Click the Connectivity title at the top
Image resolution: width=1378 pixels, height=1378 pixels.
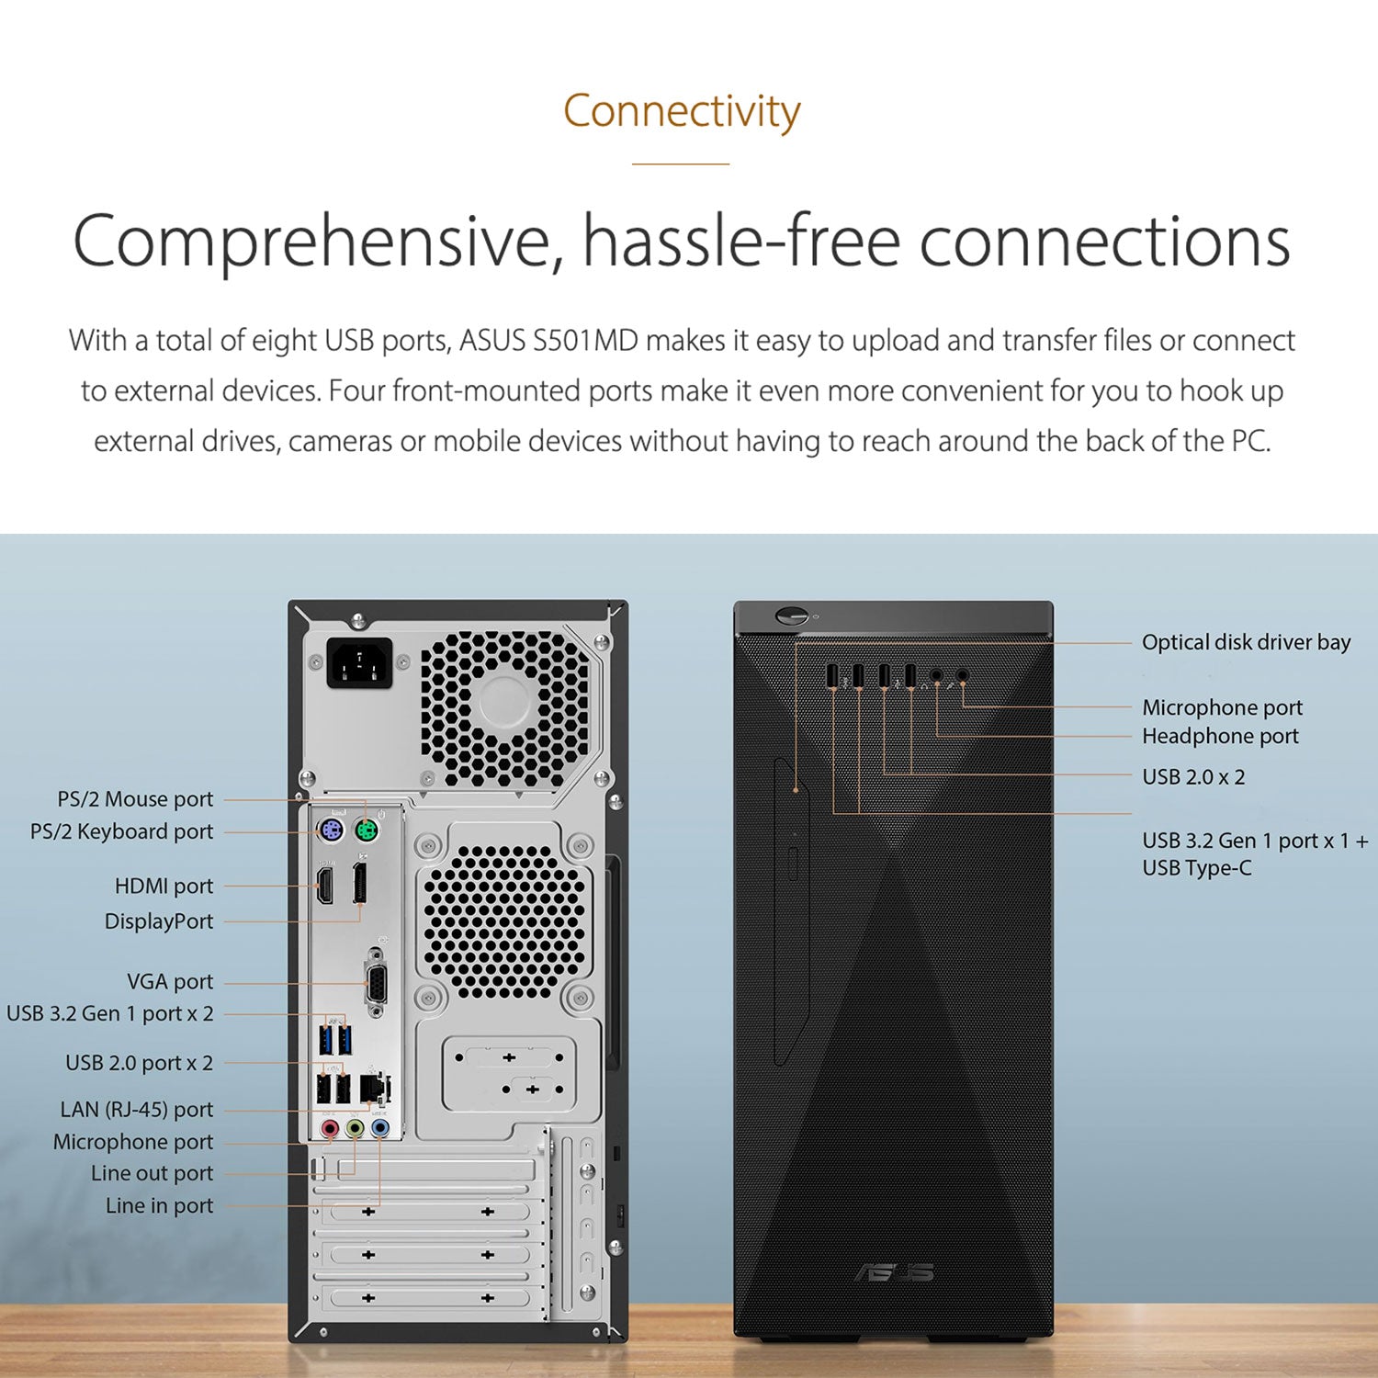pyautogui.click(x=682, y=112)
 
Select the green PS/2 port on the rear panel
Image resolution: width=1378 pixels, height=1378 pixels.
pyautogui.click(x=367, y=833)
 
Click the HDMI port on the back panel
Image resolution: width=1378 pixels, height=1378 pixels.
pyautogui.click(x=325, y=886)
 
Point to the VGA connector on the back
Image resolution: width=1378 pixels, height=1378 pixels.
pyautogui.click(x=376, y=984)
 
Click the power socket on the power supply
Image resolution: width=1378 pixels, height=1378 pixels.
pyautogui.click(x=360, y=662)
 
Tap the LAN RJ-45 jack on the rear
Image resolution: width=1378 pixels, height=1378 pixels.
pyautogui.click(x=373, y=1088)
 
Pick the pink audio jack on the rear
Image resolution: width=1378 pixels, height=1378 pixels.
pyautogui.click(x=330, y=1128)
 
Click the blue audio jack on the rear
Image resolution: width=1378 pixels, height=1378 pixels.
pyautogui.click(x=380, y=1128)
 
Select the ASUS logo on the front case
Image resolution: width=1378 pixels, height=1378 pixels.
pyautogui.click(x=894, y=1272)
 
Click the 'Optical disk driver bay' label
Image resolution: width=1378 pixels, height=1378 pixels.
pyautogui.click(x=1246, y=642)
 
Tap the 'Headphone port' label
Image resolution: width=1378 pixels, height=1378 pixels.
pyautogui.click(x=1220, y=736)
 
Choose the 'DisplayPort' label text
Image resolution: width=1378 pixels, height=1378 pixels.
pyautogui.click(x=159, y=921)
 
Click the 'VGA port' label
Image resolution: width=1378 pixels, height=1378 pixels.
pyautogui.click(x=170, y=982)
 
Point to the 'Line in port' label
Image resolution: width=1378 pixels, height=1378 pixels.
pyautogui.click(x=159, y=1205)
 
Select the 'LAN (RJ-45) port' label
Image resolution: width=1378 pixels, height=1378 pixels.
pyautogui.click(x=137, y=1110)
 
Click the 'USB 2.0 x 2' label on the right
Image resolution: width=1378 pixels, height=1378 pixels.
pyautogui.click(x=1193, y=777)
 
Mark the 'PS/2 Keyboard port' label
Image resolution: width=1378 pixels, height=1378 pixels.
pyautogui.click(x=121, y=831)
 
